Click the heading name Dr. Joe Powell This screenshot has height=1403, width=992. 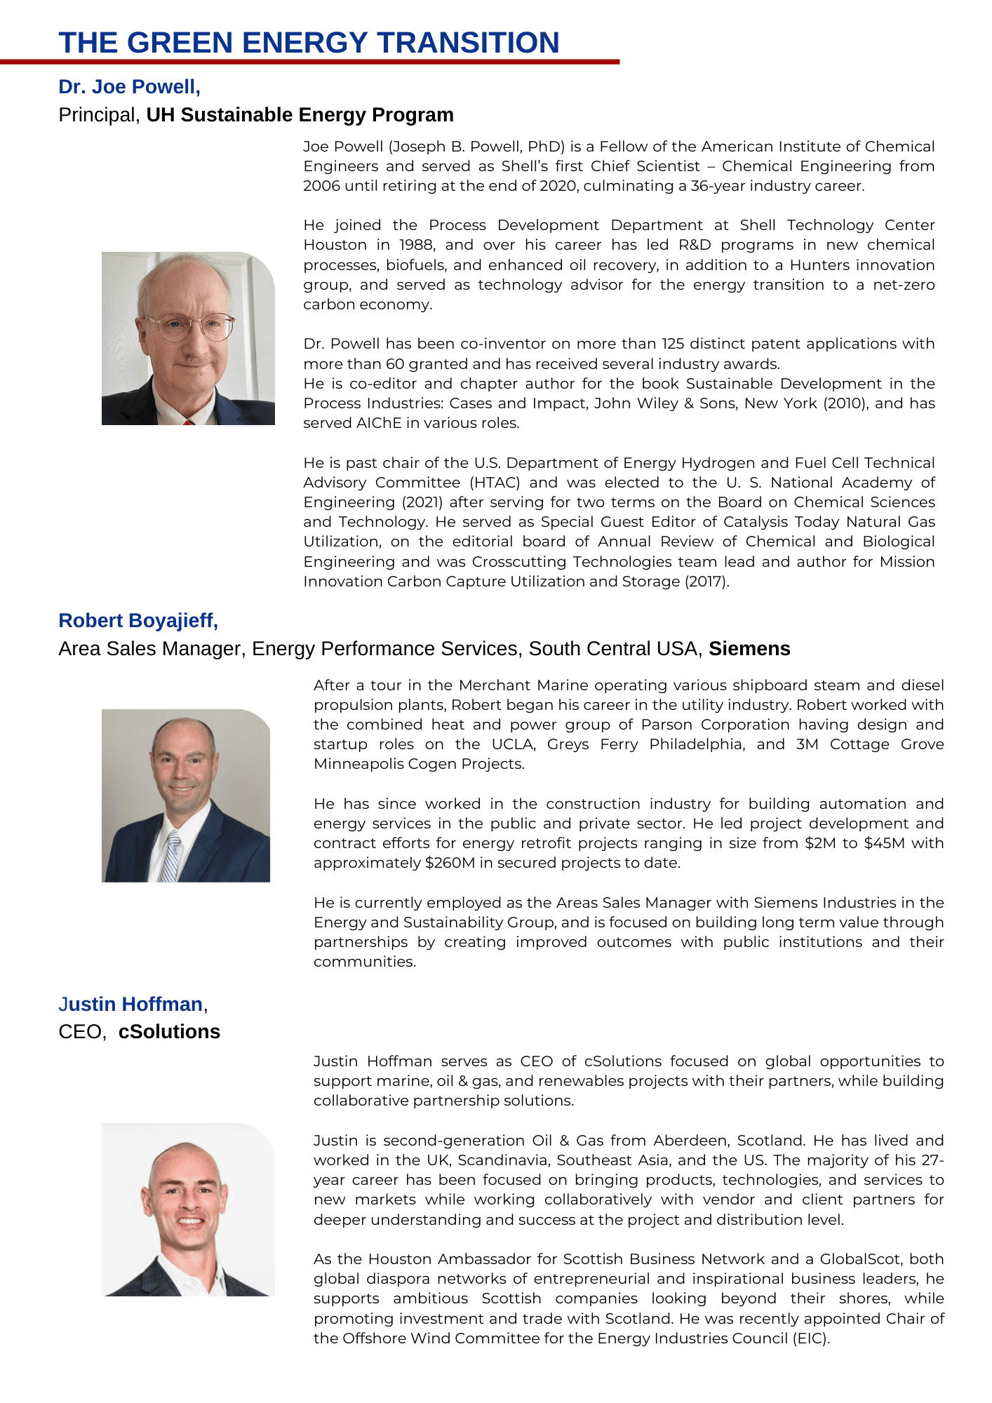pyautogui.click(x=129, y=87)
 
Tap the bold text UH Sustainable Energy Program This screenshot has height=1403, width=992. pyautogui.click(x=300, y=115)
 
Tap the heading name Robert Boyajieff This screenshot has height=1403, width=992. pyautogui.click(x=138, y=621)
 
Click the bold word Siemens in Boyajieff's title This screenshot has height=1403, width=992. pyautogui.click(x=749, y=649)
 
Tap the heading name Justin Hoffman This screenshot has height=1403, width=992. pyautogui.click(x=130, y=1005)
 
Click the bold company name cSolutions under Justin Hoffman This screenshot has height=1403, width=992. pyautogui.click(x=169, y=1032)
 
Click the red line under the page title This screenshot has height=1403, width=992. pyautogui.click(x=309, y=62)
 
